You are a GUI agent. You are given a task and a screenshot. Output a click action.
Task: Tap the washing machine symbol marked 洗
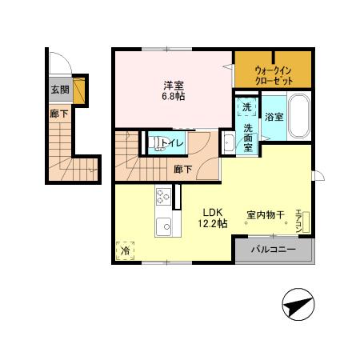click(x=246, y=106)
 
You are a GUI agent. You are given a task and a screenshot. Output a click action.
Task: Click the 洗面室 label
click(x=248, y=137)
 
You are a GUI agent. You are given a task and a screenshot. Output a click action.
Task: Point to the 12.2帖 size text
click(x=213, y=224)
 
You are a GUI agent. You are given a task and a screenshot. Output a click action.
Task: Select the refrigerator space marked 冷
click(x=125, y=251)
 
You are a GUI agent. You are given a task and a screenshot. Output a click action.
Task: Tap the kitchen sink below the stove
click(x=162, y=225)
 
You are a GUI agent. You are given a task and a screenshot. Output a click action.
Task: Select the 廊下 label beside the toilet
click(x=182, y=170)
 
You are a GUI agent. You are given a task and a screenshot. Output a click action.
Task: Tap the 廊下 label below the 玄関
click(x=59, y=114)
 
